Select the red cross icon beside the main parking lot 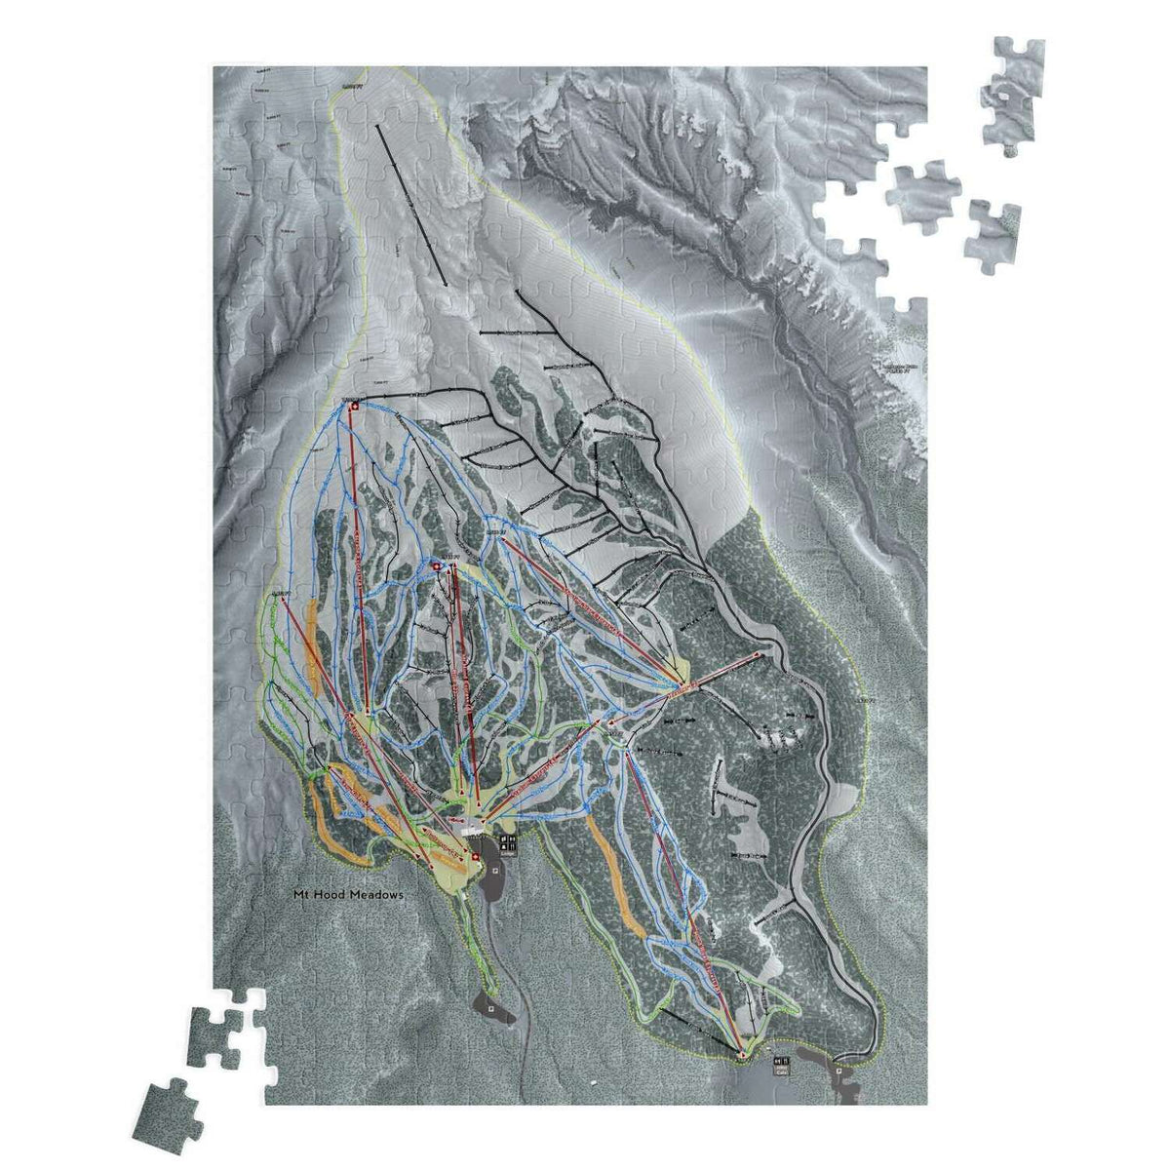click(475, 857)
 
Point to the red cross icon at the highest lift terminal click(354, 406)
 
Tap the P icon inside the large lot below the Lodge click(495, 871)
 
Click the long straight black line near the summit click(411, 205)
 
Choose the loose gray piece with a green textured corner click(993, 230)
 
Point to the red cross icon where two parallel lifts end click(437, 566)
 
